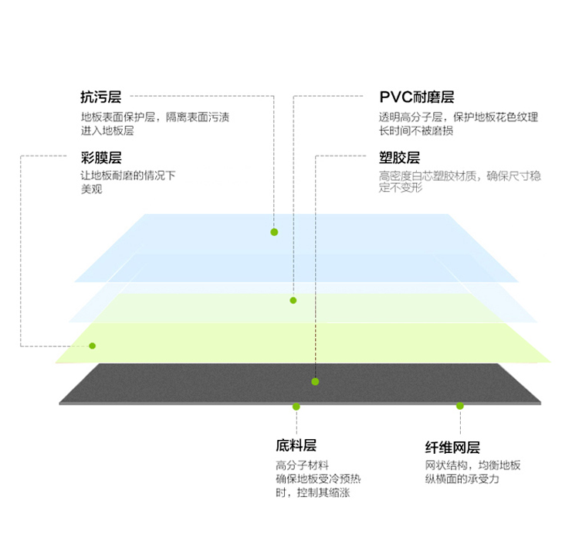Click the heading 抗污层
(101, 97)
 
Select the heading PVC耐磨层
(417, 97)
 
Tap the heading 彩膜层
(101, 158)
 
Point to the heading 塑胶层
(400, 158)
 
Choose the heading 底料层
(296, 445)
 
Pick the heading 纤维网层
(452, 448)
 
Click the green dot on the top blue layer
(274, 232)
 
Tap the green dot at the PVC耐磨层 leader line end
(293, 301)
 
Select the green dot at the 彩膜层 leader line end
(93, 346)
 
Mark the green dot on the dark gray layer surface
(315, 382)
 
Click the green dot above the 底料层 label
(296, 407)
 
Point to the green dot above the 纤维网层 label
(460, 406)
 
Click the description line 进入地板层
(107, 131)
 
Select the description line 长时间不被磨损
(416, 131)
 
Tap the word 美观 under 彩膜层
(91, 189)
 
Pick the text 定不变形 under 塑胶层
(400, 188)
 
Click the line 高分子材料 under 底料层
(302, 465)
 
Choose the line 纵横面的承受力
(462, 479)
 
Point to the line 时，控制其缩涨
(313, 492)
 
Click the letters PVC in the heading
(395, 97)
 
